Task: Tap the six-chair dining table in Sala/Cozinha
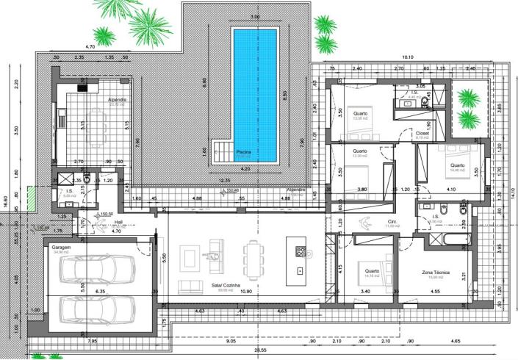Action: coord(255,258)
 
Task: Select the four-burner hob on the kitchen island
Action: coord(301,251)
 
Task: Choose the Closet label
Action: coord(422,134)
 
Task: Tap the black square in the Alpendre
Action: coord(82,87)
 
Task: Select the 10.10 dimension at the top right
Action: coord(407,57)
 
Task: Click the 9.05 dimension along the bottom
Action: coord(231,341)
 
